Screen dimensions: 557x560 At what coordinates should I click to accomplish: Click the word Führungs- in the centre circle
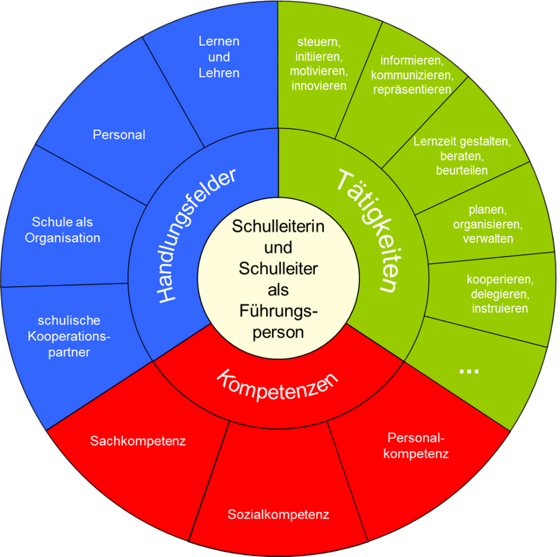[279, 311]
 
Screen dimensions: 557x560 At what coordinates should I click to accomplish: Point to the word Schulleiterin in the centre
[278, 227]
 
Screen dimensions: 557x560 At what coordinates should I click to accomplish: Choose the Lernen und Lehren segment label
[219, 57]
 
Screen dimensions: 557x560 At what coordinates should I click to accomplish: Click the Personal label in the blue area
[119, 134]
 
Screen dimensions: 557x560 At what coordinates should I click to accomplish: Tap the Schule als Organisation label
[62, 230]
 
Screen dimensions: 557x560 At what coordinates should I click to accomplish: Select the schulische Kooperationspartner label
[69, 337]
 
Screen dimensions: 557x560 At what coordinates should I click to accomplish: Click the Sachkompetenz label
[138, 441]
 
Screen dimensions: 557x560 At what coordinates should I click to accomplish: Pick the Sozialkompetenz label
[278, 515]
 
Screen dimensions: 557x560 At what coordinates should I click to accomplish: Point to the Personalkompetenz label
[416, 445]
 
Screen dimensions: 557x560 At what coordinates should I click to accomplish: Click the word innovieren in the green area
[319, 86]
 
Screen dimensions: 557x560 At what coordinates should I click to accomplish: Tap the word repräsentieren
[412, 90]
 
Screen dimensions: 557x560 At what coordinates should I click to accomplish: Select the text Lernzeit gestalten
[462, 141]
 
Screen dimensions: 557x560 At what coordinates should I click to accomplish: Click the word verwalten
[488, 238]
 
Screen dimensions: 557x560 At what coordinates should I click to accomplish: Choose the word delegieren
[500, 293]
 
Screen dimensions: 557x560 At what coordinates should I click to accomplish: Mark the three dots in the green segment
[468, 370]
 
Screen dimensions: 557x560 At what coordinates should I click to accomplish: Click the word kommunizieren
[412, 75]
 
